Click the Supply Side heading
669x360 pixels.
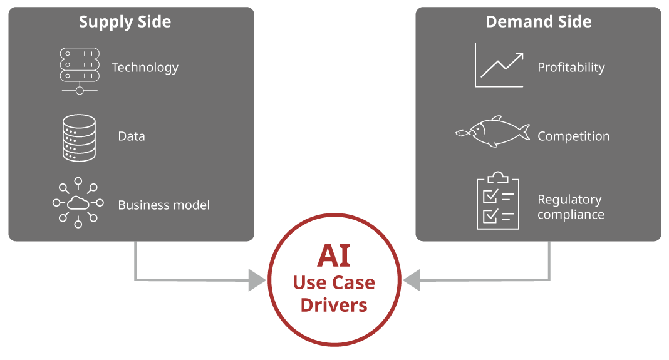(125, 22)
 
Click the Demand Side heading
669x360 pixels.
(538, 21)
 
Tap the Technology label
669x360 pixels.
(145, 68)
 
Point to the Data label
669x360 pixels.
(131, 136)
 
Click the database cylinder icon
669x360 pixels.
(80, 138)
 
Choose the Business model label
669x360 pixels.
(163, 205)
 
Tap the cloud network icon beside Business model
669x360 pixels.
(78, 202)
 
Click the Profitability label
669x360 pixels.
(571, 68)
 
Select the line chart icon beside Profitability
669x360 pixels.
(499, 66)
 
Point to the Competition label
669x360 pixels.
(573, 136)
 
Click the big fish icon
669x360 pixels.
(499, 132)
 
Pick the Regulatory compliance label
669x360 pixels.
(571, 207)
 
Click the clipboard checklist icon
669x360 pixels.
(498, 202)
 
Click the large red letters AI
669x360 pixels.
(333, 256)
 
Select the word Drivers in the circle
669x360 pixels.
(334, 306)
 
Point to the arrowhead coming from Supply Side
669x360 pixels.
(257, 280)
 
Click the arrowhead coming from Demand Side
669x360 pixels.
(412, 280)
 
